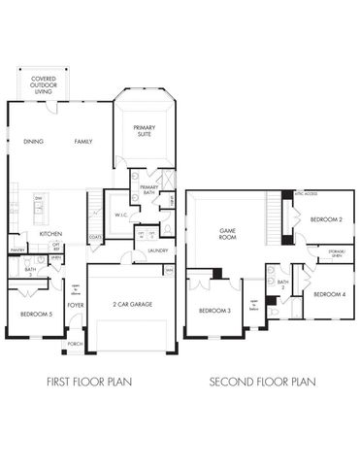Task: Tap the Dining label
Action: click(x=33, y=142)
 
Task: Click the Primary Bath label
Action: click(x=148, y=190)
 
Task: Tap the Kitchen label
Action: click(x=51, y=234)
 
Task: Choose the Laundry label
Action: click(x=158, y=250)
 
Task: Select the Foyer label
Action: click(x=75, y=305)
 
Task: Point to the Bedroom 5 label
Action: click(x=36, y=315)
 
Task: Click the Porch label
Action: click(x=75, y=345)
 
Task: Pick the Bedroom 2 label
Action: click(x=326, y=220)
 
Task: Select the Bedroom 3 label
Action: click(x=214, y=311)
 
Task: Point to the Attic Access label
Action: click(x=305, y=193)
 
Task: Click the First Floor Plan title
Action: click(x=88, y=383)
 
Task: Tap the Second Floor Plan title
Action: click(x=263, y=383)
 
